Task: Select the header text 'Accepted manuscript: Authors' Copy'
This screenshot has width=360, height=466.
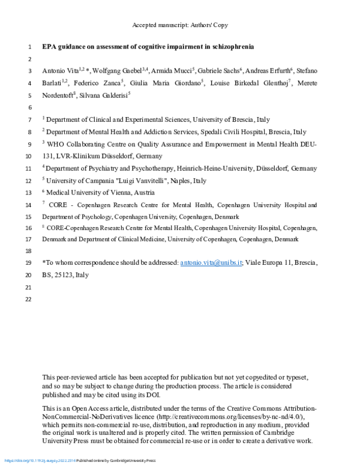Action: coord(179,25)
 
